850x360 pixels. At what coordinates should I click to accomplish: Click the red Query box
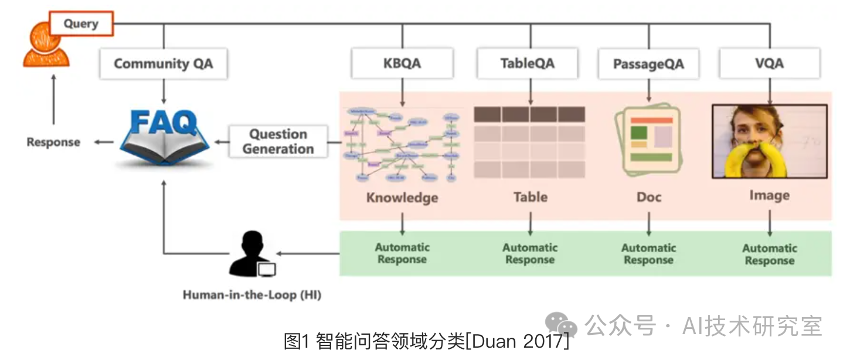click(x=81, y=24)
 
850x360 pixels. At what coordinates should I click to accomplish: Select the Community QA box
click(x=163, y=64)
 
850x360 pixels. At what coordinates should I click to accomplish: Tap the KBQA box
click(x=402, y=63)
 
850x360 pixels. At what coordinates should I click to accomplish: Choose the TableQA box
click(x=528, y=63)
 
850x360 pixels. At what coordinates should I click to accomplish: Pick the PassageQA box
click(x=648, y=64)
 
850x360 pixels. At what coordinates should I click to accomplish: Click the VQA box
click(x=769, y=63)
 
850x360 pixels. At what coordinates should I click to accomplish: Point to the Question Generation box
click(x=278, y=141)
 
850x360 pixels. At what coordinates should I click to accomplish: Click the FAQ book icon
click(x=164, y=138)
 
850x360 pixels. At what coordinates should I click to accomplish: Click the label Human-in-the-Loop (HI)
click(x=251, y=295)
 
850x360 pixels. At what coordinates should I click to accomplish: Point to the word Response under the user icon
click(x=53, y=142)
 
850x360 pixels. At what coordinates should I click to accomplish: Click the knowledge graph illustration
click(x=402, y=143)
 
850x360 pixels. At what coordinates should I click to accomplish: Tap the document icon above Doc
click(x=649, y=140)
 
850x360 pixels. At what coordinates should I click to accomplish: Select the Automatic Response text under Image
click(x=769, y=254)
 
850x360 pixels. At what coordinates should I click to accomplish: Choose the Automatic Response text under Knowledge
click(x=402, y=253)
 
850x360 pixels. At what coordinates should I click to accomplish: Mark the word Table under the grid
click(x=530, y=197)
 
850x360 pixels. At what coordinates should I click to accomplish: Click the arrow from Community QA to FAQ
click(x=163, y=91)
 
